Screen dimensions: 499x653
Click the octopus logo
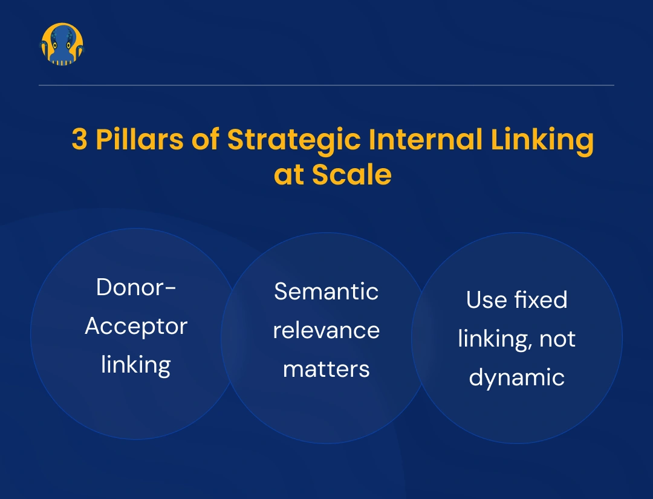click(62, 45)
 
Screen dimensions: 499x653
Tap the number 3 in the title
click(79, 140)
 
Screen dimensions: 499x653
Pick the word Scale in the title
click(351, 175)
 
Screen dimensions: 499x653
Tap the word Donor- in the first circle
click(136, 287)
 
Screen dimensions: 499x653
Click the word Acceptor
click(136, 327)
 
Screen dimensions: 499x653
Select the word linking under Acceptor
click(136, 365)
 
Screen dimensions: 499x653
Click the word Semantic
click(326, 292)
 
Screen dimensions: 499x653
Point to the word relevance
click(326, 330)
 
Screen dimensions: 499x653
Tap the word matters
click(326, 368)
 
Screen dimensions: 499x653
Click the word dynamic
click(517, 377)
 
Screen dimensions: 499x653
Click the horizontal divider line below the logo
click(326, 85)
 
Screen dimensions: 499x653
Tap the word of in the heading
click(205, 140)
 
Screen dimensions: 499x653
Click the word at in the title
click(289, 175)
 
